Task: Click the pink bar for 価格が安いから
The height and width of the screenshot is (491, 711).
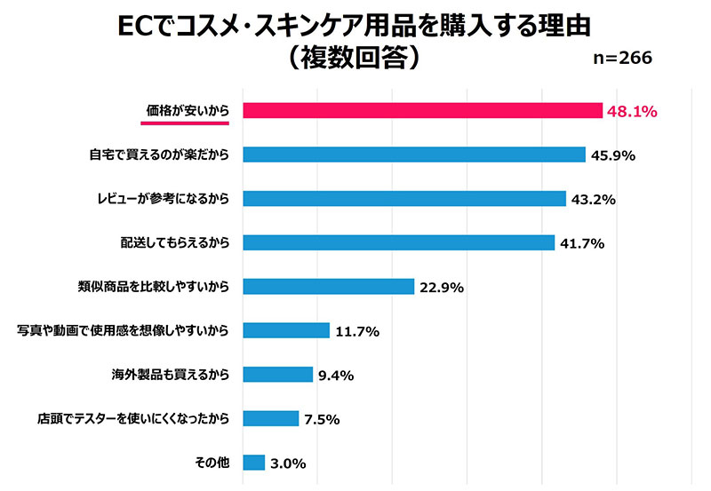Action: (x=422, y=110)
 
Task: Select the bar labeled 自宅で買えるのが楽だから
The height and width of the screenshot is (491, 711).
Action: (x=413, y=154)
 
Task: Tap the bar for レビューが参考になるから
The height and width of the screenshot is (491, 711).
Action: (x=403, y=198)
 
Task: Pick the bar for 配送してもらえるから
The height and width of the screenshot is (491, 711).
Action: (x=398, y=242)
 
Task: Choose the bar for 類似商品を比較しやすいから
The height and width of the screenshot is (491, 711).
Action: (x=328, y=286)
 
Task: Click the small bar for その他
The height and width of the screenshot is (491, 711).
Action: (x=253, y=462)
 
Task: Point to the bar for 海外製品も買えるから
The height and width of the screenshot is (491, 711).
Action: (x=277, y=374)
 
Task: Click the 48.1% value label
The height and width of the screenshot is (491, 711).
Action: (x=631, y=111)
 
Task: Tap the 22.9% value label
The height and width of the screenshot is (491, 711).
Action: (x=441, y=288)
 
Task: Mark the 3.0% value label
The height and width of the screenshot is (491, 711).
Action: (x=288, y=463)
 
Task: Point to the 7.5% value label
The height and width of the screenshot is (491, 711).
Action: (x=323, y=419)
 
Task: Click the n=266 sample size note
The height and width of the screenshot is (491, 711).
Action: (x=622, y=58)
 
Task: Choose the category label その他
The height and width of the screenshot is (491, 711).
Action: (x=212, y=462)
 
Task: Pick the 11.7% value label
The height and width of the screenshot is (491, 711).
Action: (x=357, y=331)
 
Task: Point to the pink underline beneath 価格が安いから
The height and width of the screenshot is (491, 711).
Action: (x=185, y=123)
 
